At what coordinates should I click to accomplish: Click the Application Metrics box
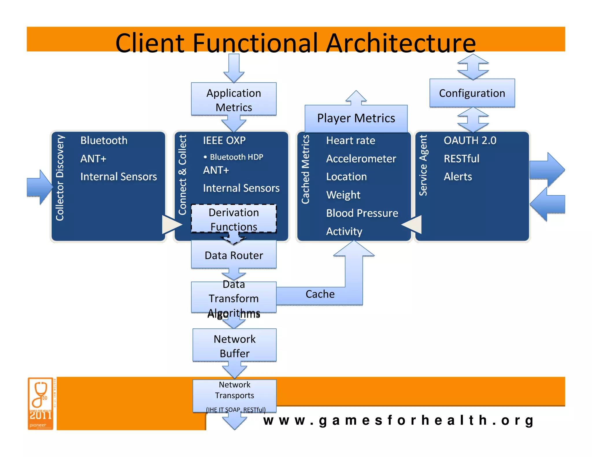pos(234,100)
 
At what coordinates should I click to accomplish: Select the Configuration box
pos(472,93)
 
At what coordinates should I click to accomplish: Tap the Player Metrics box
pos(356,118)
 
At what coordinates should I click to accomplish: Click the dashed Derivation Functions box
pos(234,219)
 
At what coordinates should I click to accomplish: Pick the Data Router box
pos(234,255)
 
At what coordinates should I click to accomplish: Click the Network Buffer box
pos(234,346)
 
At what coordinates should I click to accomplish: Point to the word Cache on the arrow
pos(320,294)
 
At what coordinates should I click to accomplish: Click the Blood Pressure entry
pos(362,213)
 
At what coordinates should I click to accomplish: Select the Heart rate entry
pos(350,140)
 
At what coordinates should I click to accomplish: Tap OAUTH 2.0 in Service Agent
pos(470,140)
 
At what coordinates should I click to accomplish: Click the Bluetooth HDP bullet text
pos(236,157)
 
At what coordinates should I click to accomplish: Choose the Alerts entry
pos(458,177)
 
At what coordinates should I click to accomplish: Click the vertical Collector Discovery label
pos(60,178)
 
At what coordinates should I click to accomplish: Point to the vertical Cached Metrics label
pos(305,169)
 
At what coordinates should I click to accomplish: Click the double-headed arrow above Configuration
pos(473,67)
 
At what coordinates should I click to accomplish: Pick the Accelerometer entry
pos(361,159)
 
